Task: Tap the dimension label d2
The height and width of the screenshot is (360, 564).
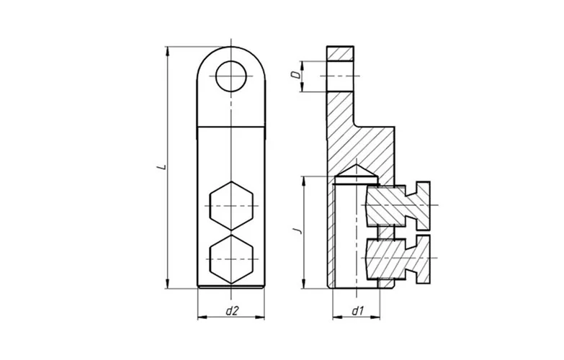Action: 232,311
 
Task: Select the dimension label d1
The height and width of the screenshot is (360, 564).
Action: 357,311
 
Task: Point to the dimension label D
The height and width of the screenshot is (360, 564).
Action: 295,75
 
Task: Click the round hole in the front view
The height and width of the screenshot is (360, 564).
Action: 231,76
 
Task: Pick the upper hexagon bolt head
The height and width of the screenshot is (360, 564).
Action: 231,206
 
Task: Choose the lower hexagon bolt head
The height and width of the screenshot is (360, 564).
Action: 231,259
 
